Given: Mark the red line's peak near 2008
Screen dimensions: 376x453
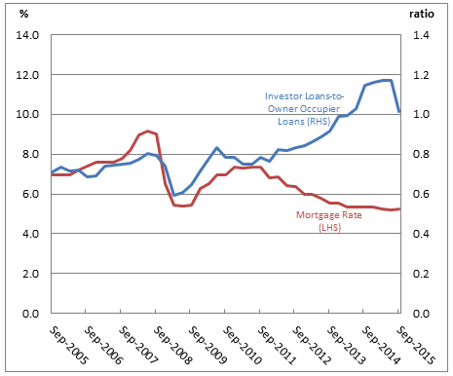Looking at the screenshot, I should (x=147, y=131).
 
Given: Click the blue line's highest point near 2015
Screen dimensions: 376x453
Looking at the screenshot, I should (x=387, y=80).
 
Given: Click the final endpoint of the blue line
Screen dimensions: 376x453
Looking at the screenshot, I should (x=399, y=112).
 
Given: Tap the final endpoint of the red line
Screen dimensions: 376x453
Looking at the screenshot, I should (x=399, y=209).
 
